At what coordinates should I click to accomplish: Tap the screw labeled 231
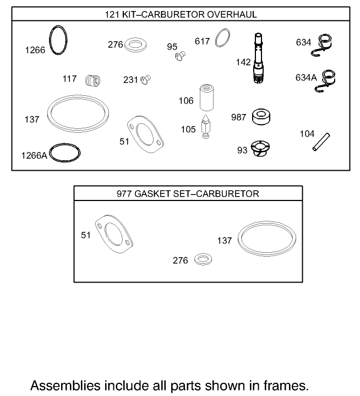click(146, 79)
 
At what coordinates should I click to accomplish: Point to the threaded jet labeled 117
click(94, 80)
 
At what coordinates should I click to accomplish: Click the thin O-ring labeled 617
click(221, 40)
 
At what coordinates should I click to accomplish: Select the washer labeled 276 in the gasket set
click(204, 259)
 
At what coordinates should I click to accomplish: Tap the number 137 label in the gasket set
click(224, 241)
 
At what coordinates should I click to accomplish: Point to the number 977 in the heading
click(124, 194)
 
